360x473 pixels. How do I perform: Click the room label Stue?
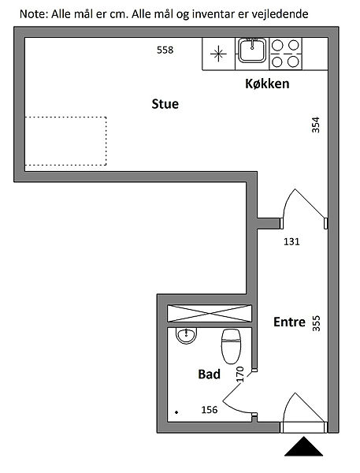165,104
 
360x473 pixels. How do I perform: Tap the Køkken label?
267,84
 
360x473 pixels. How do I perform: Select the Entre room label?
289,322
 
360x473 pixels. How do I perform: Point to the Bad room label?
210,374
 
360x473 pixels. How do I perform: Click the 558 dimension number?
165,50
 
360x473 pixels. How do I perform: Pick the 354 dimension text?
315,125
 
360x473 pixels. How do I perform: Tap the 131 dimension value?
291,242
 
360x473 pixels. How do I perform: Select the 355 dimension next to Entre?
316,323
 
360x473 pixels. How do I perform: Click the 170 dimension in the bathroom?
240,374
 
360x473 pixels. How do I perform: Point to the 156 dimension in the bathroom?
210,410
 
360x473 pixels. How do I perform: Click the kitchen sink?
252,50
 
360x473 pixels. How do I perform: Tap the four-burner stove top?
285,54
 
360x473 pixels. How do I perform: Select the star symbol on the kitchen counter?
218,54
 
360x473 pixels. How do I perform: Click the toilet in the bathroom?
232,346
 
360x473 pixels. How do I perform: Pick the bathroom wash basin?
187,335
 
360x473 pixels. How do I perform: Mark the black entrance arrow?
303,446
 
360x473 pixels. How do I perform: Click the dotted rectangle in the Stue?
65,141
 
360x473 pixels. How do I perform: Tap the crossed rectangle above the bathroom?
210,314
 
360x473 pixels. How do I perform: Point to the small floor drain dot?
176,412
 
